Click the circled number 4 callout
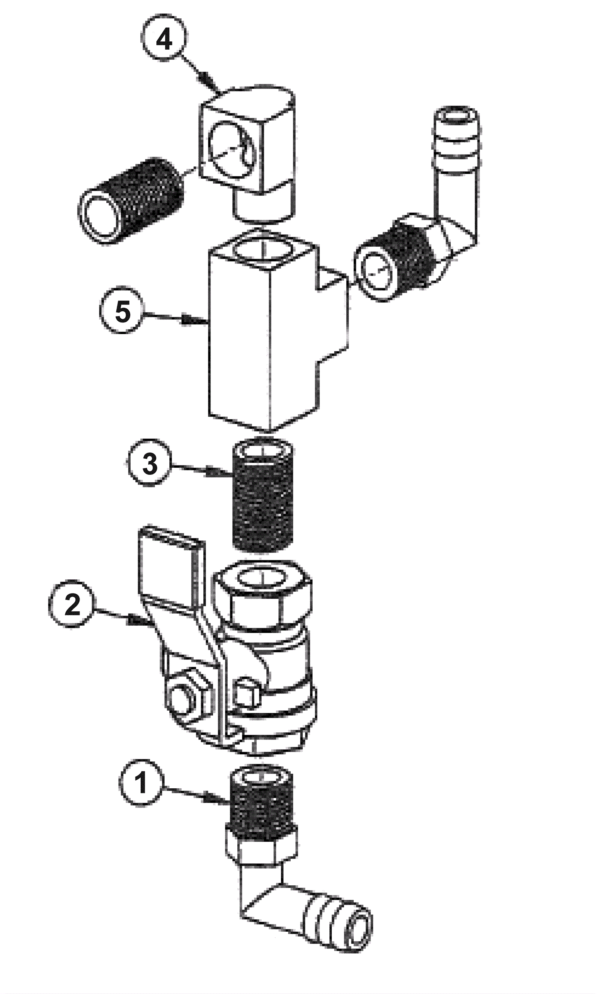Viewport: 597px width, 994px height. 163,39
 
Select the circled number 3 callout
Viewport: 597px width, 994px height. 150,464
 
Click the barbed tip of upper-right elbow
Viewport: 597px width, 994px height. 456,133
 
